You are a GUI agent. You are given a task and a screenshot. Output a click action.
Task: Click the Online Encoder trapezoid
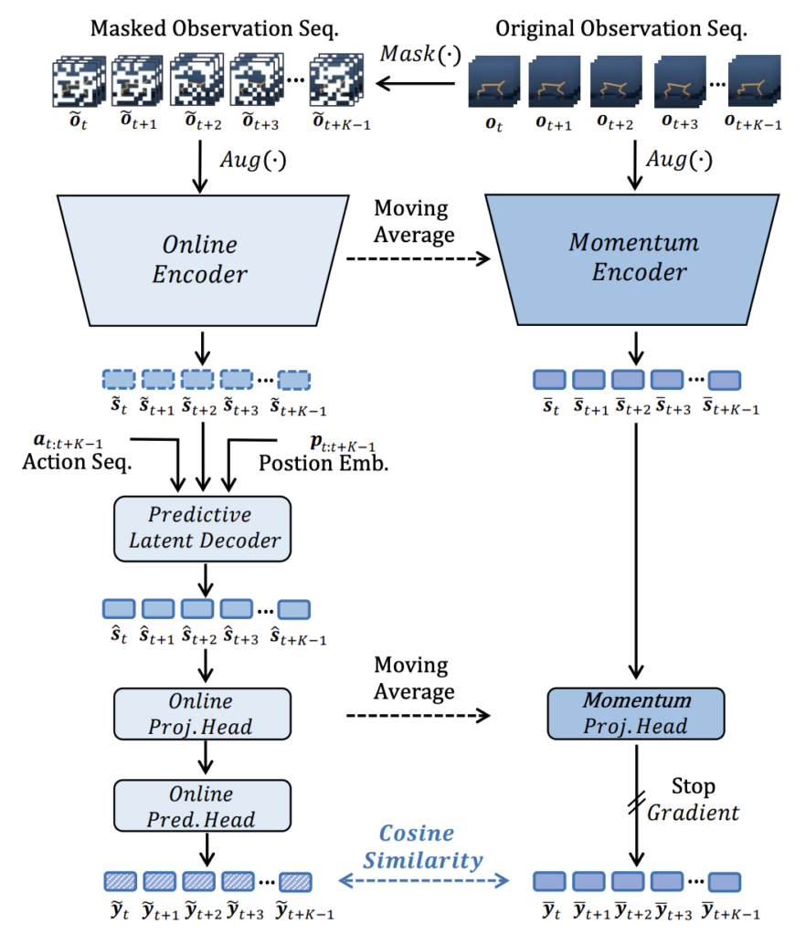tap(199, 259)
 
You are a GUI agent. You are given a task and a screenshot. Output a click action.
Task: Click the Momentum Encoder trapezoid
tap(633, 259)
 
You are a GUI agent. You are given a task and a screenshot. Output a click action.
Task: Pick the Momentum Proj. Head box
tap(635, 715)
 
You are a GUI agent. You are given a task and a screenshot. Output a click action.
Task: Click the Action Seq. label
tap(77, 463)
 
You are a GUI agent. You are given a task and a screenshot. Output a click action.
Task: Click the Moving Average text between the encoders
tap(413, 221)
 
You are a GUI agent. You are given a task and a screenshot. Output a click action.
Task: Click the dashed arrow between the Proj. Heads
tap(416, 718)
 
